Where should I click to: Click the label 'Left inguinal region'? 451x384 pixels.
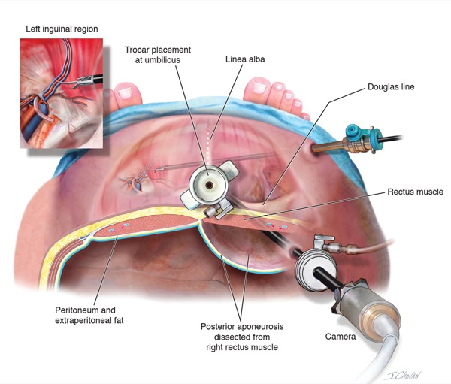(x=62, y=29)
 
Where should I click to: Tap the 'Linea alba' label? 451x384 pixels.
(x=245, y=59)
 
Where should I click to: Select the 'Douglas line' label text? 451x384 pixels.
(x=391, y=87)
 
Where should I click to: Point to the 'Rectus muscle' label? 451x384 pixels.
(x=416, y=192)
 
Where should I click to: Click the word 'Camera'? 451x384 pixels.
(x=341, y=337)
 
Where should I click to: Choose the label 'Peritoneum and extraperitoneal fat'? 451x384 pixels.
(x=89, y=316)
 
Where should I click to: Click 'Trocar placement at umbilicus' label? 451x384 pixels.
(x=158, y=55)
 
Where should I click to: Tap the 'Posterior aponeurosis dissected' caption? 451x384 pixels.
(x=242, y=331)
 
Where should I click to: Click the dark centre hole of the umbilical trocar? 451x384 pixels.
(x=210, y=186)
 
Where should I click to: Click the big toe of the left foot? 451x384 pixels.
(x=128, y=92)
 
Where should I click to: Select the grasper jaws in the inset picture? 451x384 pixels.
(x=82, y=82)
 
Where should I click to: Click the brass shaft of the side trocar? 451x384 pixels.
(x=328, y=146)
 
